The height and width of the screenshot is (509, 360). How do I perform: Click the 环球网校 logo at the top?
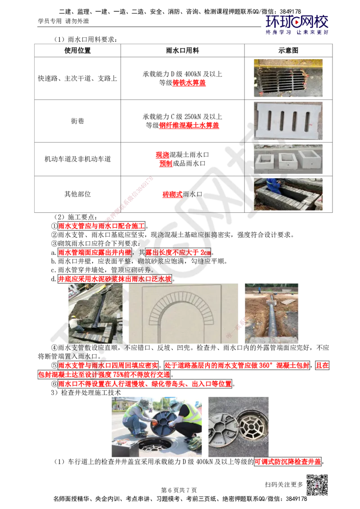(x=297, y=25)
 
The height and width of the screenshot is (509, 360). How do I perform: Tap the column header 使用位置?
(x=77, y=51)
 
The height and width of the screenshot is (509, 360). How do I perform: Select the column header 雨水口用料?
(x=182, y=51)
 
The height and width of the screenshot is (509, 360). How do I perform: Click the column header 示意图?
(x=288, y=51)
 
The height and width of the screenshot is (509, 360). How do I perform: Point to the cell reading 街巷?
(x=77, y=121)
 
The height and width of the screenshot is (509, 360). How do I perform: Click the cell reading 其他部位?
(x=77, y=194)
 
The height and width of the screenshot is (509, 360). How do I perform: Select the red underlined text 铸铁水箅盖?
(x=189, y=83)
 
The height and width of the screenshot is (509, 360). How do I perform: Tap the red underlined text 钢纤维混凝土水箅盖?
(x=189, y=125)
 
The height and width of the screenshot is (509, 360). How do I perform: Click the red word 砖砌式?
(x=172, y=194)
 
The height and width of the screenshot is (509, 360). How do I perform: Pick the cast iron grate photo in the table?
(x=288, y=78)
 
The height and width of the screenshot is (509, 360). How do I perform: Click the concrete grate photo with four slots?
(x=288, y=121)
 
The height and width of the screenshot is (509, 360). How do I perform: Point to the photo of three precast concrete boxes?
(x=288, y=159)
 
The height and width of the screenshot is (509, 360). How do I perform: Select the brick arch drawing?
(x=183, y=313)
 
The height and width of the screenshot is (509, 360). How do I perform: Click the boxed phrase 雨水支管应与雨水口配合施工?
(x=101, y=226)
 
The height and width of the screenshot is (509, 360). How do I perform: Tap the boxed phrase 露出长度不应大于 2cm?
(x=178, y=252)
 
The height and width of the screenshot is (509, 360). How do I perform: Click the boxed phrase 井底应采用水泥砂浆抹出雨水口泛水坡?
(x=115, y=279)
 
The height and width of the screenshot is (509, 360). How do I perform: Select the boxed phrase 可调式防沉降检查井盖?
(x=288, y=462)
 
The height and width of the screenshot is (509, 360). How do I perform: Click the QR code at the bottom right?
(x=317, y=485)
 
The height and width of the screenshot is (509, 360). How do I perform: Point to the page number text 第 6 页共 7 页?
(x=179, y=490)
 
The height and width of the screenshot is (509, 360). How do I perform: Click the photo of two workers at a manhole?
(x=157, y=427)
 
